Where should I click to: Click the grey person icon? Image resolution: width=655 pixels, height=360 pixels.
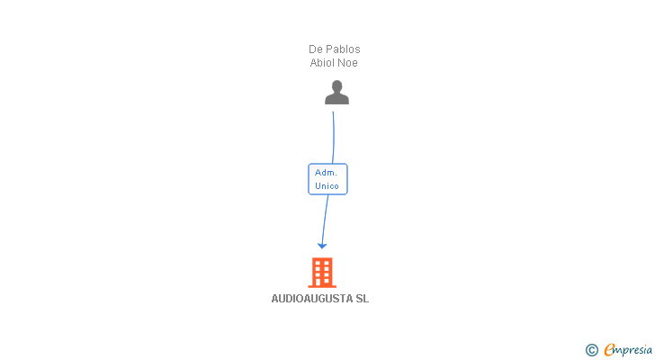tap(336, 93)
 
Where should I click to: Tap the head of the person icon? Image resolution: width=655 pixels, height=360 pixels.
tap(336, 86)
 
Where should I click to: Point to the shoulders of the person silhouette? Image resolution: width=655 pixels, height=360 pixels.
tap(336, 100)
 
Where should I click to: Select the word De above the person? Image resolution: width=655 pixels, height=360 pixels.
tap(316, 49)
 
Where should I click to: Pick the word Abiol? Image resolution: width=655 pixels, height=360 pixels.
tap(323, 63)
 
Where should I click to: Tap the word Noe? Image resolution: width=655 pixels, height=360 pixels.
tap(349, 63)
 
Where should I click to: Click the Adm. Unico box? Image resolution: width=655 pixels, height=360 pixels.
tap(327, 179)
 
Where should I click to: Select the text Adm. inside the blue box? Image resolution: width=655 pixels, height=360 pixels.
tap(327, 172)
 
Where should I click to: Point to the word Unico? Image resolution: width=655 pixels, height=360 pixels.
tap(327, 186)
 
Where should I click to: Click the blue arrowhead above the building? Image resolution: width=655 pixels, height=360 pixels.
tap(322, 246)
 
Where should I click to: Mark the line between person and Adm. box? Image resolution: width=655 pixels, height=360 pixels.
tap(334, 135)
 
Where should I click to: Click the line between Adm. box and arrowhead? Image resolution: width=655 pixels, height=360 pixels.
tap(325, 219)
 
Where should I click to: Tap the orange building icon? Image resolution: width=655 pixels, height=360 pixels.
tap(322, 272)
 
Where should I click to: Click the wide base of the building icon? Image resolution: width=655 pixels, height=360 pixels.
tap(322, 284)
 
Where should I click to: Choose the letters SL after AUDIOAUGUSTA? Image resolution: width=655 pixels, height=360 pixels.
tap(362, 299)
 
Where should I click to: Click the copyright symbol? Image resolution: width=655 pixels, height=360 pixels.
tap(591, 350)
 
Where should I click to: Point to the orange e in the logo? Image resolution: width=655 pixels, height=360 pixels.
tap(609, 350)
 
